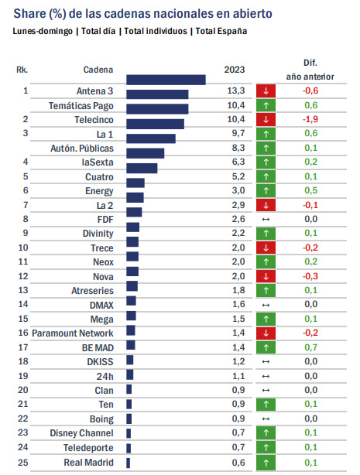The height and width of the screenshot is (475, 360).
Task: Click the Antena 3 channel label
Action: click(94, 91)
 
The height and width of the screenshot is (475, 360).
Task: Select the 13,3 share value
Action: click(236, 91)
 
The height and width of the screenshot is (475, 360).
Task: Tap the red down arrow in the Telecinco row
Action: click(266, 119)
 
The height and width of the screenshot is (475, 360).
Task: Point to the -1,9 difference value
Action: click(310, 119)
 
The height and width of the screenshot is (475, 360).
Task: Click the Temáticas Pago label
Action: click(81, 106)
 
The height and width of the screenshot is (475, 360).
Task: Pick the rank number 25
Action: click(23, 463)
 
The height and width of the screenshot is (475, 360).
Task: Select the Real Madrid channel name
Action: click(88, 463)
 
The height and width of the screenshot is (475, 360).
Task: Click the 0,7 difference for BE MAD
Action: click(311, 347)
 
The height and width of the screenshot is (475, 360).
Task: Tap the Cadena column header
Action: click(98, 70)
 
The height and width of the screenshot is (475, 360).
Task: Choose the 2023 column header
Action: click(235, 70)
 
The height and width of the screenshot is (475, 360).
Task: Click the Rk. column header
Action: click(22, 70)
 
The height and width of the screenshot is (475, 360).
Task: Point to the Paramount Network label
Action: click(73, 333)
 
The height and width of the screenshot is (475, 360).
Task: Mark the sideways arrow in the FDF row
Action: click(266, 219)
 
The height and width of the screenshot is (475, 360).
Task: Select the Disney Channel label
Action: click(81, 433)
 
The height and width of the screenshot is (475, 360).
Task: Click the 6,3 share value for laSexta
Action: click(238, 162)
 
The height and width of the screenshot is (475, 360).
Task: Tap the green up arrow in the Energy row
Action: click(266, 191)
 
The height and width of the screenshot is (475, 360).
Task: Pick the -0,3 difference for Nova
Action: click(310, 276)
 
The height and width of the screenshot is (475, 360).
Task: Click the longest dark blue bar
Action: click(166, 80)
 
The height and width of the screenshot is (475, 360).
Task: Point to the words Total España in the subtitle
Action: click(221, 31)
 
